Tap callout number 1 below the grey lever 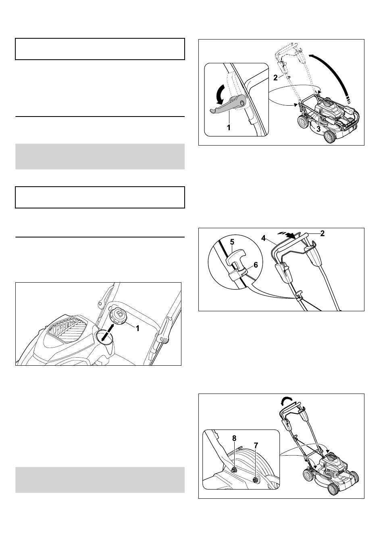pyautogui.click(x=229, y=128)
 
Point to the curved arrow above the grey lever pyautogui.click(x=221, y=95)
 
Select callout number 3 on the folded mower pyautogui.click(x=318, y=129)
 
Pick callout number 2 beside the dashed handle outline pyautogui.click(x=275, y=78)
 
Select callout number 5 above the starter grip pyautogui.click(x=232, y=242)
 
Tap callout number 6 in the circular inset pyautogui.click(x=256, y=265)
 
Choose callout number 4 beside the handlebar pyautogui.click(x=263, y=238)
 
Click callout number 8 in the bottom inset pyautogui.click(x=234, y=438)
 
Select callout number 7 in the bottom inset pyautogui.click(x=256, y=446)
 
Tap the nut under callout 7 pyautogui.click(x=256, y=480)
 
